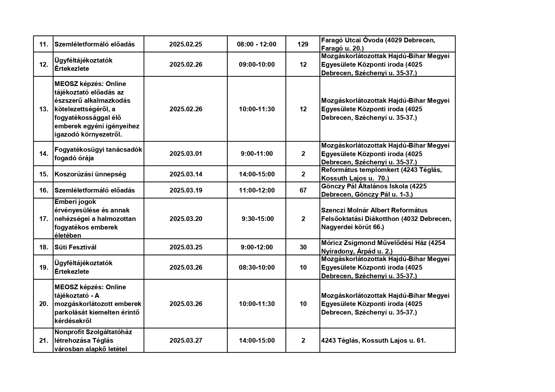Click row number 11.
tap(44, 44)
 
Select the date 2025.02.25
tap(185, 44)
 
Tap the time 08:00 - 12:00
tap(257, 44)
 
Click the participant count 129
tap(303, 44)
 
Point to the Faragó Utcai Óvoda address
tap(378, 44)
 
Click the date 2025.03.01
tap(186, 154)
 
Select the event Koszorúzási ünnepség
tap(90, 174)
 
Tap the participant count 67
tap(303, 190)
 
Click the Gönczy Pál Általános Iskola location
tap(374, 190)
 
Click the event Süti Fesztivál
tap(75, 247)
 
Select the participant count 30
tap(303, 247)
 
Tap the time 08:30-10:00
tap(257, 267)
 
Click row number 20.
tap(44, 304)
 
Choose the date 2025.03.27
tap(186, 340)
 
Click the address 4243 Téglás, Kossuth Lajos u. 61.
tap(373, 340)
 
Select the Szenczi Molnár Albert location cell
tap(386, 219)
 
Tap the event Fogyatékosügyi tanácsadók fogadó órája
tap(98, 154)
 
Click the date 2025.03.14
tap(186, 174)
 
